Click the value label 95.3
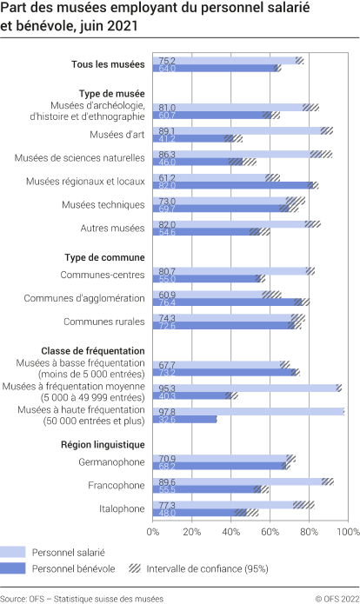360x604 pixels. point(166,388)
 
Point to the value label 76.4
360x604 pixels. point(166,302)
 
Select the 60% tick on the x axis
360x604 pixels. point(270,530)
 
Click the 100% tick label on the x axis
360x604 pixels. point(347,530)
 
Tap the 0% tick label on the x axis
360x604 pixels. point(154,530)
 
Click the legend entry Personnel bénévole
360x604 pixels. point(73,568)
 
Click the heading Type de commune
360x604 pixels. point(104,256)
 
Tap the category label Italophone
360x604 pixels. point(119,508)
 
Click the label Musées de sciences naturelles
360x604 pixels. point(79,158)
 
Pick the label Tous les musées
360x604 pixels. point(108,64)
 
